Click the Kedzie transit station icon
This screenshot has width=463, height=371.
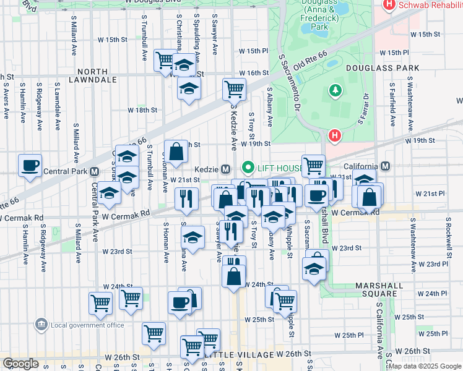tap(227, 169)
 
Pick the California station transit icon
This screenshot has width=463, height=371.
tap(386, 166)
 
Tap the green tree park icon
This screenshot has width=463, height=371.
tap(335, 91)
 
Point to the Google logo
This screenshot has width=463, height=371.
tap(20, 364)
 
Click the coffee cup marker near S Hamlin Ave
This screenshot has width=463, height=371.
tap(30, 166)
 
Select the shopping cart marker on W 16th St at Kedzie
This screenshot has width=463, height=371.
tap(234, 88)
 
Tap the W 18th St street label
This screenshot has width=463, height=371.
tap(142, 109)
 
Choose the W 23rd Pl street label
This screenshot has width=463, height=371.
tap(433, 263)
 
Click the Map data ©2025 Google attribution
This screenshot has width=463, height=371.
tap(425, 366)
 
